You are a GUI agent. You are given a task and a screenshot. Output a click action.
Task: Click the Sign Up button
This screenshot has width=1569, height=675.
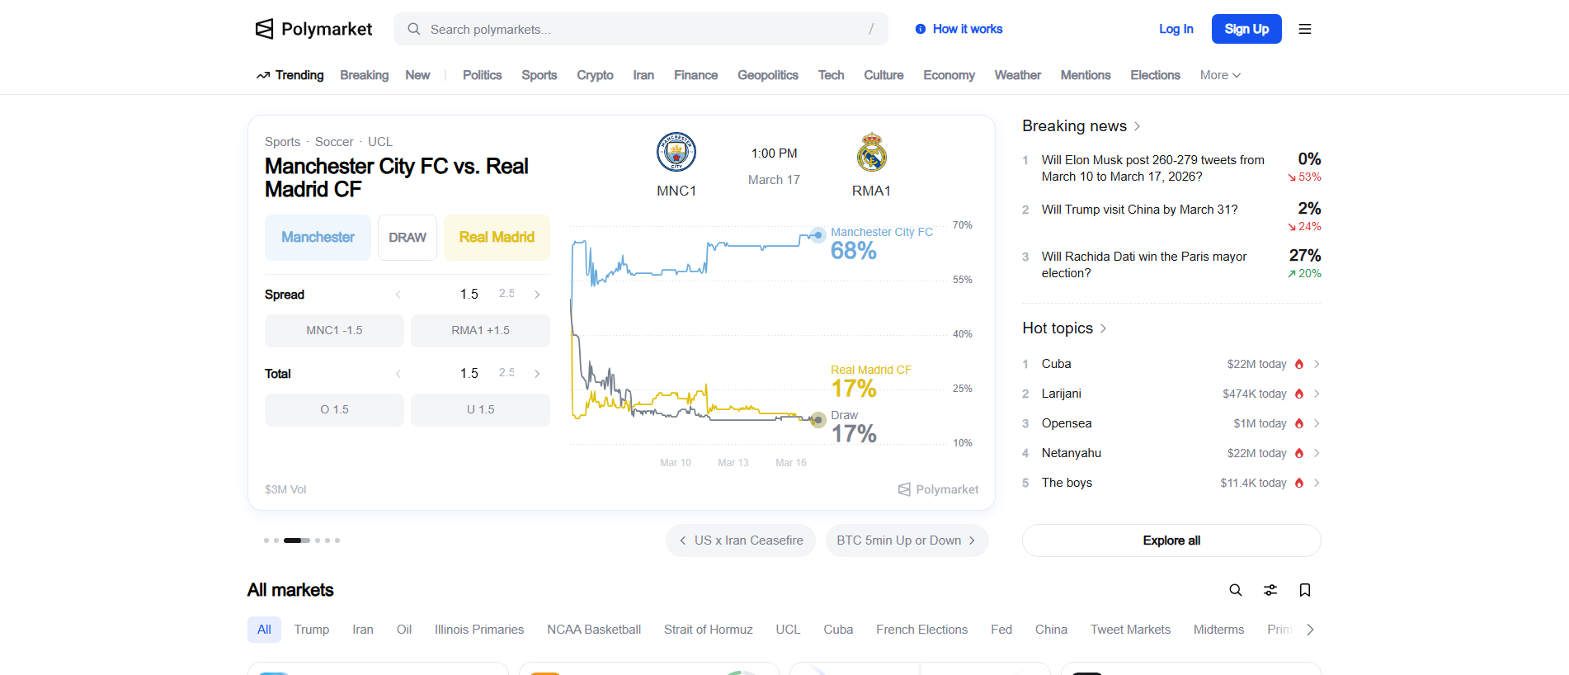[x=1246, y=29]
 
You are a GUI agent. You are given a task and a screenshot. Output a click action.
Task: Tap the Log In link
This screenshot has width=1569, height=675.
[x=1176, y=29]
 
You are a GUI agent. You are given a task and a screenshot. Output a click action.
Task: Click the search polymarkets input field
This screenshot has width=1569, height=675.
[x=640, y=29]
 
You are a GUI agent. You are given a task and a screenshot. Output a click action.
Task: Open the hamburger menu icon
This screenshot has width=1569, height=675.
[x=1305, y=29]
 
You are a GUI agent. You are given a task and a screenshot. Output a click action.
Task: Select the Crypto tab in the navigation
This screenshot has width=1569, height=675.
[x=595, y=75]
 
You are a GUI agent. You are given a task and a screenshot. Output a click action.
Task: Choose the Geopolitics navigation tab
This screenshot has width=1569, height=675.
[x=768, y=75]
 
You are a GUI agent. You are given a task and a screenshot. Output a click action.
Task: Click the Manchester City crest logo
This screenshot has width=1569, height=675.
[x=676, y=152]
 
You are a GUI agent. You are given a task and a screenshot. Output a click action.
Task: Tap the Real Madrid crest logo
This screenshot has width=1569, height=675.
[x=871, y=152]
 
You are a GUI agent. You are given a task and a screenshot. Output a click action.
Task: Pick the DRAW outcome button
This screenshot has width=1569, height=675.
[x=408, y=238]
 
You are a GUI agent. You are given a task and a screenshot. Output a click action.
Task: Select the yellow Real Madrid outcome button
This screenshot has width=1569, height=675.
[x=497, y=238]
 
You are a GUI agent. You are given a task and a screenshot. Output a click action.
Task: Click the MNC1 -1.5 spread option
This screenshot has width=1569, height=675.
[x=334, y=330]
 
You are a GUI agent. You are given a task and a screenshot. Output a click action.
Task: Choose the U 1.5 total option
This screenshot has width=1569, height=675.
[x=480, y=409]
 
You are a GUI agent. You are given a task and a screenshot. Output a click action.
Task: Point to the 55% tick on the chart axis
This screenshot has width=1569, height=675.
[x=962, y=280]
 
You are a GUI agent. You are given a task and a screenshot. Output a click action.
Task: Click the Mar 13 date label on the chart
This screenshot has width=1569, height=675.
[x=733, y=463]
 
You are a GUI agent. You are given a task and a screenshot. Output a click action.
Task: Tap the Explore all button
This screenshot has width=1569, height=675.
[x=1171, y=540]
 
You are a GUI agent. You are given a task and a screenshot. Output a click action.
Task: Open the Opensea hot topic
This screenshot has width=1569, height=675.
[x=1067, y=423]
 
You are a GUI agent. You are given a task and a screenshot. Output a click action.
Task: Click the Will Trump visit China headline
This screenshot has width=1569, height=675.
[x=1139, y=210]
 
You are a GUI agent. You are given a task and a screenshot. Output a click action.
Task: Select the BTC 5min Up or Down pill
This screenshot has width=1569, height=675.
[x=907, y=540]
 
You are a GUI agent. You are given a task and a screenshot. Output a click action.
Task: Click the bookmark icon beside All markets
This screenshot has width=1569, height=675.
[x=1305, y=590]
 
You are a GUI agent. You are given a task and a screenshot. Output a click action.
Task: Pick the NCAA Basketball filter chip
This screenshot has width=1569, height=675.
[x=594, y=630]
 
